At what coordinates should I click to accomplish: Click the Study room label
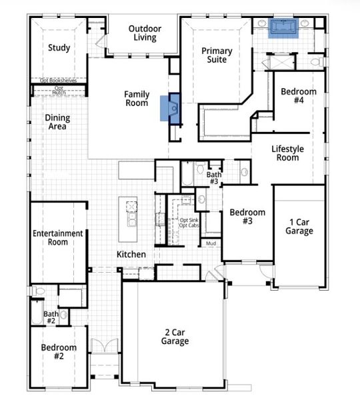coord(59,48)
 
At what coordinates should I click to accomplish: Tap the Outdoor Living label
coord(143,33)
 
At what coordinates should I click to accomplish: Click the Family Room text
coord(137,99)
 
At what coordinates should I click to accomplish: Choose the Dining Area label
coord(57,123)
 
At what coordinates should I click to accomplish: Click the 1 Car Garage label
coord(300,227)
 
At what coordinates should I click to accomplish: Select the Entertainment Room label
coord(58,238)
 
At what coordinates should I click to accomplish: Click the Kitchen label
coord(131,255)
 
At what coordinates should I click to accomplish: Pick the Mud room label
coord(210,244)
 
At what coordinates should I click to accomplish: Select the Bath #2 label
coord(51,317)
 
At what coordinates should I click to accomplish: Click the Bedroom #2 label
coord(59,352)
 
